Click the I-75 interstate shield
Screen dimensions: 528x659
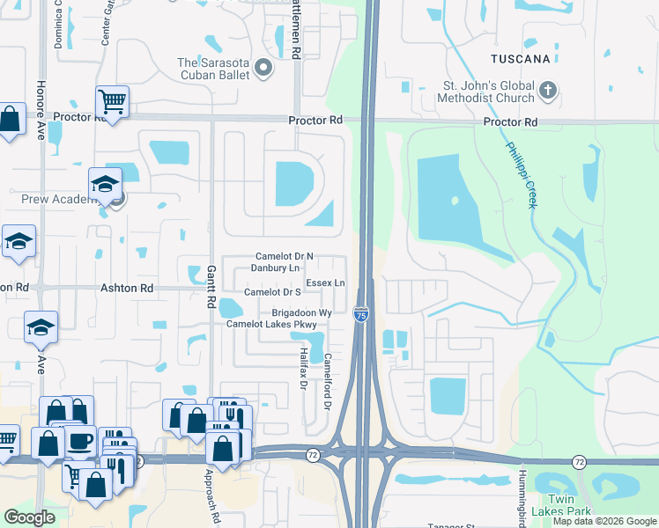coord(361,314)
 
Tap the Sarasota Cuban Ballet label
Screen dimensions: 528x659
coord(213,68)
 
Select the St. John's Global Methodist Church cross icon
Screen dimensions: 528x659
coord(547,91)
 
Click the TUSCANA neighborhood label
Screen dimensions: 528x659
coord(522,59)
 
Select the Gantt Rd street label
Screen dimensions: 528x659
coord(211,287)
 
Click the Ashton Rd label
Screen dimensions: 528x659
coord(127,288)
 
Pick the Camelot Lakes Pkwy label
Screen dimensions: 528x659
coord(270,324)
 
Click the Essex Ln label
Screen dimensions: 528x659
coord(327,282)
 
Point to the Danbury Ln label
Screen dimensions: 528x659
coord(276,267)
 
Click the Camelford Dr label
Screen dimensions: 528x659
coord(326,380)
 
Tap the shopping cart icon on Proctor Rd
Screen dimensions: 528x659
coord(113,101)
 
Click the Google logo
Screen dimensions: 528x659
coord(29,517)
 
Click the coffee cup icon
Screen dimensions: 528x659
coord(80,441)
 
